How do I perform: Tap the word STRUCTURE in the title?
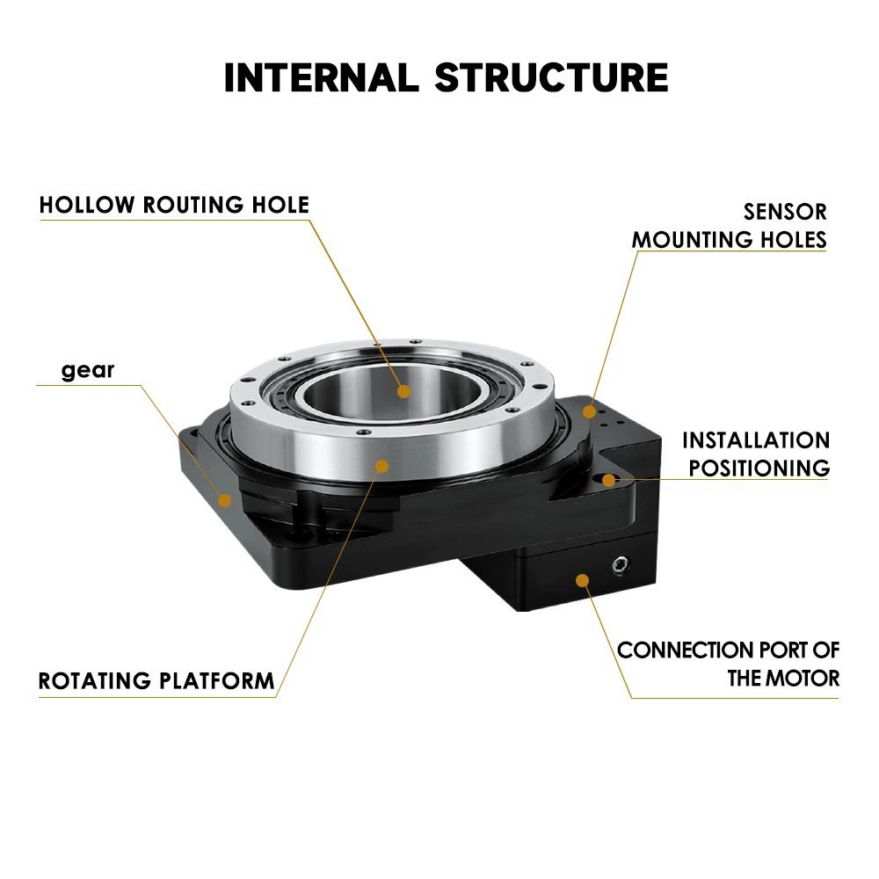coord(551,77)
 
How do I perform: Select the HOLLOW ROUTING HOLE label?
coord(174,206)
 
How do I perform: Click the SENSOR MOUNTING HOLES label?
coord(730,225)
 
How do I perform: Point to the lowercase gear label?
coord(88,370)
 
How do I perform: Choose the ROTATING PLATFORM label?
coord(156,680)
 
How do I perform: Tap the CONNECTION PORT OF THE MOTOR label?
coord(729,664)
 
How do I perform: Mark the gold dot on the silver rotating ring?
coord(381,465)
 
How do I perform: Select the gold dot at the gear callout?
coord(225,501)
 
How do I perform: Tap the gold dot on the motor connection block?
coord(581,578)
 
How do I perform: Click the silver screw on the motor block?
coord(622,564)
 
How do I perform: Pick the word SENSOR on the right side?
coord(785,212)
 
